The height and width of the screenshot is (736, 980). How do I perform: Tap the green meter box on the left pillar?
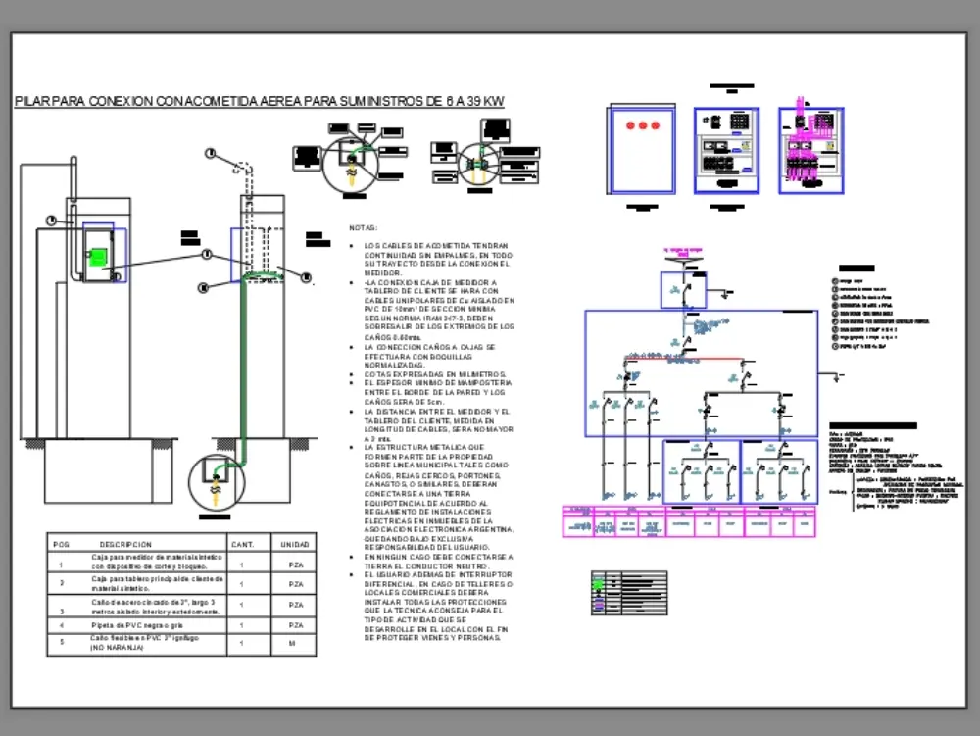(97, 257)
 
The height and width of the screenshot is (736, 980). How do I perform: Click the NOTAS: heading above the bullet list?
(363, 227)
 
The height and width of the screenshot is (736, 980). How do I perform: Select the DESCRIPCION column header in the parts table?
(125, 544)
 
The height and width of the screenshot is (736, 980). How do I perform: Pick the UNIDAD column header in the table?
(295, 544)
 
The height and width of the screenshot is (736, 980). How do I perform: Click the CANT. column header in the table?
(242, 544)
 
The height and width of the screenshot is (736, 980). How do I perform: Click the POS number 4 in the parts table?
(61, 624)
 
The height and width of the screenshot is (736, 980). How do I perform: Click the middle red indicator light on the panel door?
(643, 125)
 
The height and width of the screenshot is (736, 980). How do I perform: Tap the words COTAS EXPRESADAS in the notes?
(397, 374)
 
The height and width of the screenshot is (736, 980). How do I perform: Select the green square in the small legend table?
(599, 584)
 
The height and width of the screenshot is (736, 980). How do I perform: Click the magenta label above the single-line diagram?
(683, 251)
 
